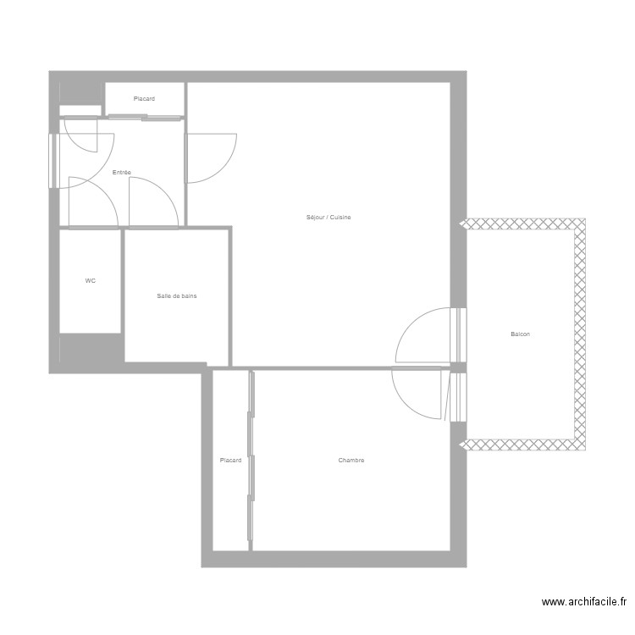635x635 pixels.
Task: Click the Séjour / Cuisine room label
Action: click(x=329, y=218)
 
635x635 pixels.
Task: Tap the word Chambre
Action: click(x=351, y=461)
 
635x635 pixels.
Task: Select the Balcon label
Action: click(x=521, y=334)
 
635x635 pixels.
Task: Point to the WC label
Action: click(x=91, y=280)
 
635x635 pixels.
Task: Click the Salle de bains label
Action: click(x=178, y=295)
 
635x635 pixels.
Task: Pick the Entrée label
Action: click(x=122, y=173)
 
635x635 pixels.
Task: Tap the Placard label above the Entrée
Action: click(x=144, y=99)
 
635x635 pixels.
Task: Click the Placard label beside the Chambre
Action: click(x=230, y=461)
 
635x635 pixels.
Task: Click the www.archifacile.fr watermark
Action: click(x=584, y=603)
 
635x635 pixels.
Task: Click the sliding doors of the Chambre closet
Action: click(x=251, y=457)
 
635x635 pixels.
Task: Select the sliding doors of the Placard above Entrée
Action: click(x=144, y=117)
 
